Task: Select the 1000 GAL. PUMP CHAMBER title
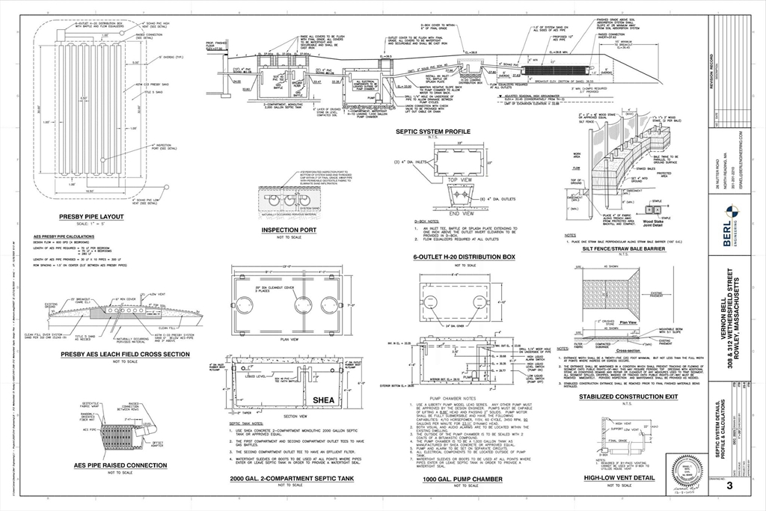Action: (x=461, y=478)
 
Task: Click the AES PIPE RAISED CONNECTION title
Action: (x=110, y=465)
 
